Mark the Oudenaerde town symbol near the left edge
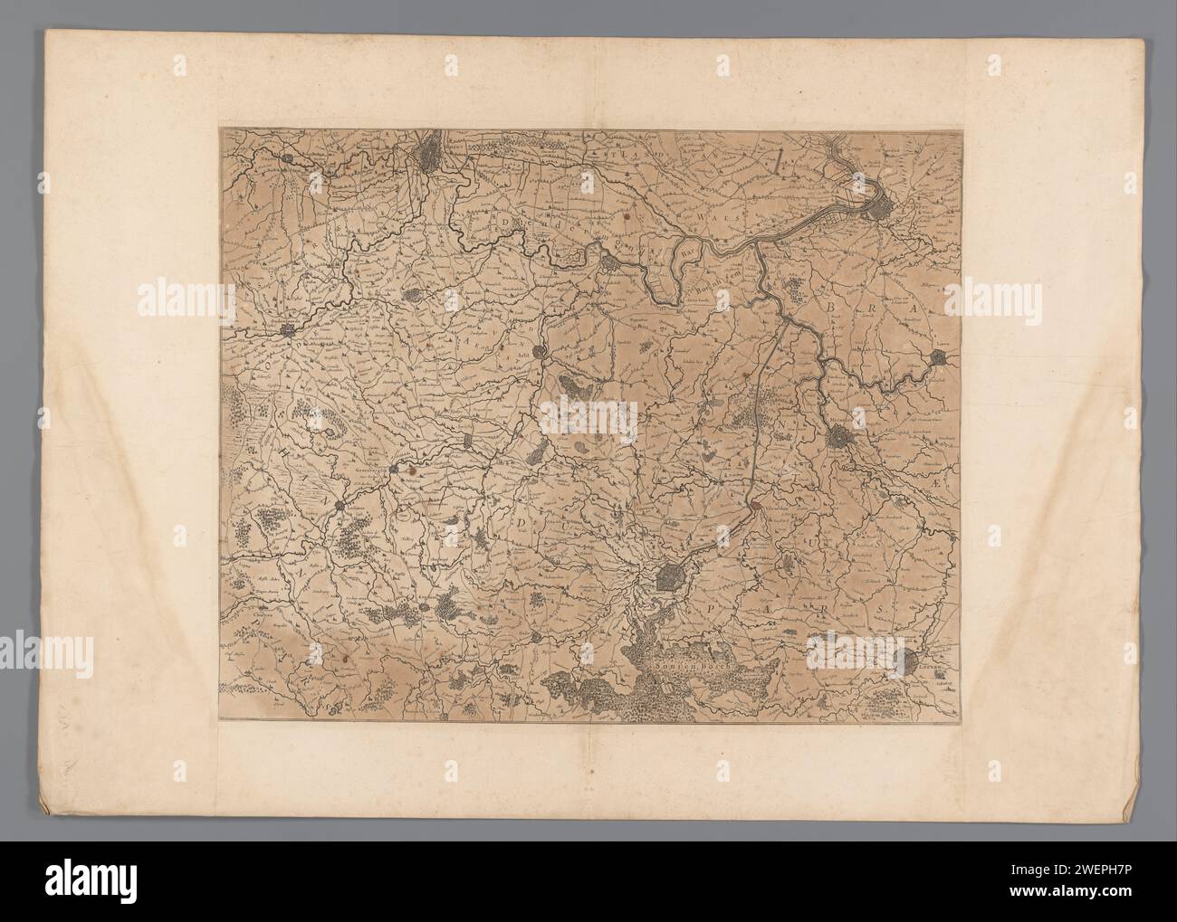(x=288, y=333)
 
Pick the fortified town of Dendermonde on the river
(x=611, y=263)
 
